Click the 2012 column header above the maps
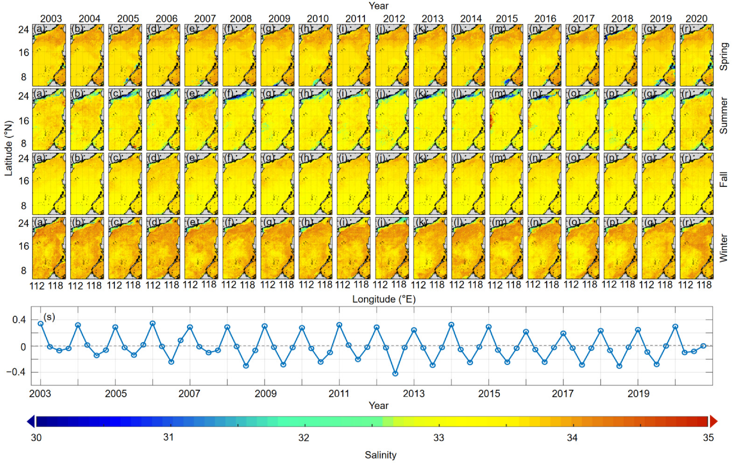point(394,18)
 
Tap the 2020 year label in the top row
point(696,18)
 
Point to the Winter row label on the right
point(724,248)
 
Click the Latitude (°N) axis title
point(9,148)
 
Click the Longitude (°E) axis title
point(384,299)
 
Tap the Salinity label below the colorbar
point(380,455)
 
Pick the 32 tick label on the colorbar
point(304,438)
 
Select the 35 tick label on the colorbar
point(708,438)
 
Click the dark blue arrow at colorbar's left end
point(31,421)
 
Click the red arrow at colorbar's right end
point(713,421)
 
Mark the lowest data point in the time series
point(395,374)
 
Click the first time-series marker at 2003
point(41,323)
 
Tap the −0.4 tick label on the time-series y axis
point(16,372)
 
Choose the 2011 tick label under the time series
point(339,394)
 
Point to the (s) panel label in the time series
point(49,317)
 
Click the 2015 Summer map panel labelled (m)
point(506,120)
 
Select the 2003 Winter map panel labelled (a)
point(49,248)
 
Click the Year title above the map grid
point(378,6)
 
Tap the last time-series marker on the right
point(703,346)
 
